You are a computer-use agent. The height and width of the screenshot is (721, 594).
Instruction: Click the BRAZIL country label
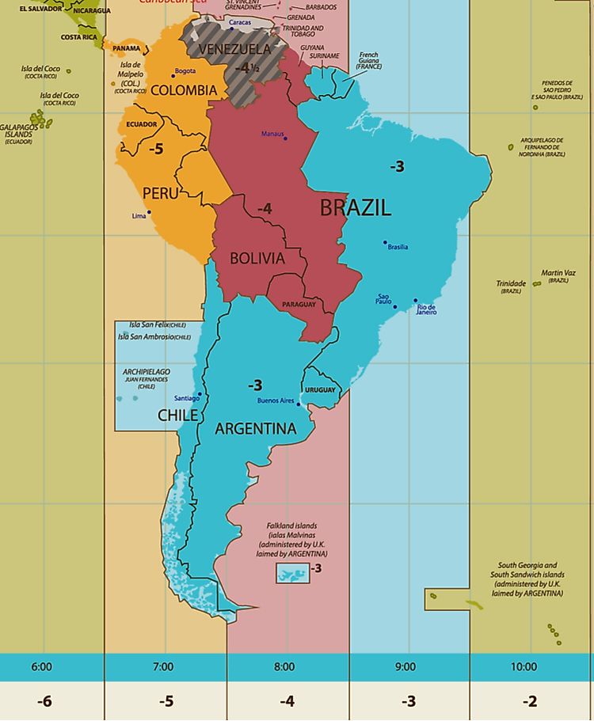tap(356, 208)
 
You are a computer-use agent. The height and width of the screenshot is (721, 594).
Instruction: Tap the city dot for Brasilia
tap(386, 242)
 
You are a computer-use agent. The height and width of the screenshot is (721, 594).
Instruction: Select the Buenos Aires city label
tap(275, 401)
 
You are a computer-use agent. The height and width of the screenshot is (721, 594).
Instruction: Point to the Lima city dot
tap(149, 212)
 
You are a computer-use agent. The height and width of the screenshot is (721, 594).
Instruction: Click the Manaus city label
tap(272, 134)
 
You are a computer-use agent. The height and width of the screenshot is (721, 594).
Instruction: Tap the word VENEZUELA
tap(234, 49)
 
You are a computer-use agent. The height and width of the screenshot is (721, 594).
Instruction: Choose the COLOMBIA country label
tap(183, 90)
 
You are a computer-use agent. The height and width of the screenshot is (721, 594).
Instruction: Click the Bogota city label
tap(185, 71)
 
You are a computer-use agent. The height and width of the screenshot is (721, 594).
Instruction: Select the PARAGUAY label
tap(299, 305)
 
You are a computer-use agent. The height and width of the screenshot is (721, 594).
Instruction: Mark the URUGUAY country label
tap(320, 390)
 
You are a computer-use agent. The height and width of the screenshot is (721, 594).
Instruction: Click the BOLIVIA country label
tap(257, 259)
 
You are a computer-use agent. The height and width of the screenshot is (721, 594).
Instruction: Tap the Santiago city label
tap(186, 398)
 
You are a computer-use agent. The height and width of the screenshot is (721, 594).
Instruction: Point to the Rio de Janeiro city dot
tap(415, 301)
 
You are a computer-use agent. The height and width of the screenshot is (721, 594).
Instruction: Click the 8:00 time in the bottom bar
tap(284, 667)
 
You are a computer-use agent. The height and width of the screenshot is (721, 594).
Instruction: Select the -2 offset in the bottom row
tap(530, 701)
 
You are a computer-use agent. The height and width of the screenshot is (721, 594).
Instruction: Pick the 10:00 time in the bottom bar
tap(524, 667)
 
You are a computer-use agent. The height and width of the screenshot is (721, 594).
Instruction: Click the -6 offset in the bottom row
tap(44, 701)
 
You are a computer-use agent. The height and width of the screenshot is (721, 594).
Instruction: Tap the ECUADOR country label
tap(142, 124)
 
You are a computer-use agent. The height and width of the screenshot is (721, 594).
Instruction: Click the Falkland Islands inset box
tap(291, 574)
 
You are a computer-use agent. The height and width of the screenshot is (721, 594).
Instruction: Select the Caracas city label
tap(240, 23)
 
